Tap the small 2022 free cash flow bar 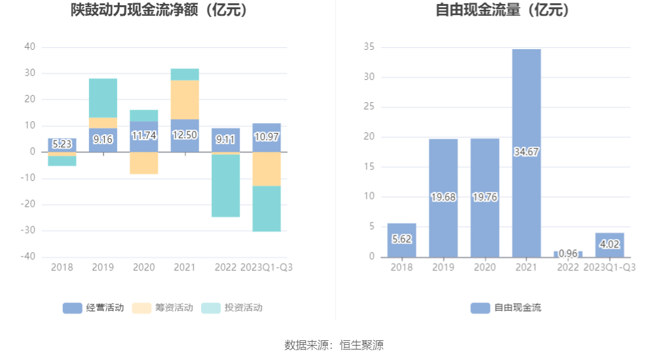(x=568, y=254)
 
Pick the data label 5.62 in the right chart (x=401, y=240)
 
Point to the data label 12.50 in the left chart (x=185, y=135)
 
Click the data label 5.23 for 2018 (x=62, y=144)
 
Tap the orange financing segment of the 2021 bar (x=185, y=99)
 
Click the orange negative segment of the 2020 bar (x=143, y=163)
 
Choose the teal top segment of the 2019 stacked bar (x=103, y=98)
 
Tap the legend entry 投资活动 (x=232, y=308)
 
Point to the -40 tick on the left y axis (x=29, y=257)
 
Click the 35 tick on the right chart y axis (x=369, y=47)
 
